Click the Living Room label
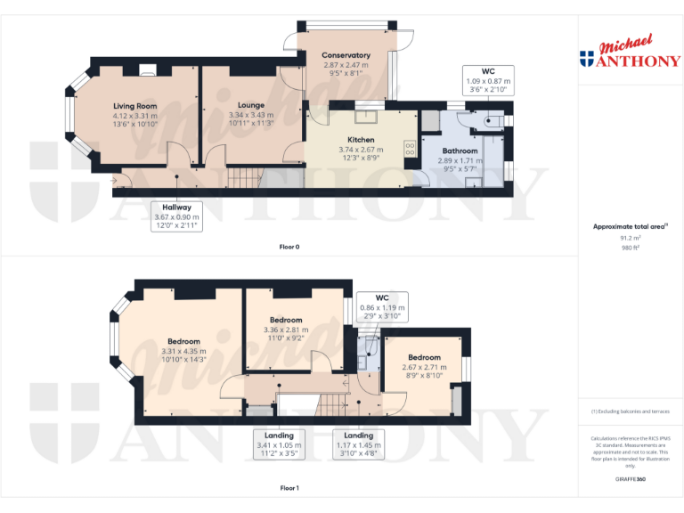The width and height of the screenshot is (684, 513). coord(134,106)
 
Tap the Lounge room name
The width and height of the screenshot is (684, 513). coord(251,105)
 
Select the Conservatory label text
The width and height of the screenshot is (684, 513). coord(346,55)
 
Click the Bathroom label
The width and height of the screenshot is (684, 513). coord(460,151)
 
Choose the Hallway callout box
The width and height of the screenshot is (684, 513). coord(176,216)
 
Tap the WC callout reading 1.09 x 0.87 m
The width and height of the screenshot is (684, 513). coord(487,81)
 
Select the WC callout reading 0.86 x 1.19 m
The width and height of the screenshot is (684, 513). coord(381,306)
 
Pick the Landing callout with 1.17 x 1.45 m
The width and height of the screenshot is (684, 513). coord(359,444)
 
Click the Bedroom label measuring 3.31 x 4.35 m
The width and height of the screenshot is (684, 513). coord(183,341)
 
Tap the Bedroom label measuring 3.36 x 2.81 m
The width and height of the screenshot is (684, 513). coord(286,320)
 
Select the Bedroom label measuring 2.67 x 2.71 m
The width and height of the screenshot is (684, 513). coord(425,357)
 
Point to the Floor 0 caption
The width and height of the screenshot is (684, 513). coord(289,247)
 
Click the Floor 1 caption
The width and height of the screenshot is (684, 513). coord(289,488)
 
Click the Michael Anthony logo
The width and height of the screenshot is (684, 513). coord(630,53)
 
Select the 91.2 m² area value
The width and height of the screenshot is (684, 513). coord(630,238)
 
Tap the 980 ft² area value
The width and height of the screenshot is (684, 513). coord(630,247)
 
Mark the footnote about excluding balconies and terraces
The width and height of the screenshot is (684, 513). coord(630,411)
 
